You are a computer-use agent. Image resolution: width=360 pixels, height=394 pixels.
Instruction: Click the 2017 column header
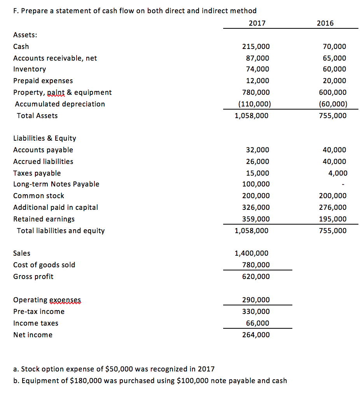pyautogui.click(x=257, y=23)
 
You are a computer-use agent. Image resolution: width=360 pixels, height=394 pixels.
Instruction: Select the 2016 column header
pyautogui.click(x=325, y=23)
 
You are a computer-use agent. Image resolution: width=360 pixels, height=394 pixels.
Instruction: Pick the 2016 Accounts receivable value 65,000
pyautogui.click(x=334, y=58)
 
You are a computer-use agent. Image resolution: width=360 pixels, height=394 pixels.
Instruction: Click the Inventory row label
pyautogui.click(x=30, y=69)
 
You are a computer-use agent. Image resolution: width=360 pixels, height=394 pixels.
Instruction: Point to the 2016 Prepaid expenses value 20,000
pyautogui.click(x=334, y=81)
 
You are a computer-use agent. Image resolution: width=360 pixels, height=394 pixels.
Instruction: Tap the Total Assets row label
pyautogui.click(x=37, y=116)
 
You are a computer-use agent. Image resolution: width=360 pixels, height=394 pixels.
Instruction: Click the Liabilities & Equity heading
pyautogui.click(x=45, y=138)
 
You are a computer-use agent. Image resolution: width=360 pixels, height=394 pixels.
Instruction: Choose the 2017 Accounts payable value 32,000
pyautogui.click(x=257, y=150)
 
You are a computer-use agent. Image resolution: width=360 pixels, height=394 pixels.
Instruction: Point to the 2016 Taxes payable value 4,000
pyautogui.click(x=337, y=173)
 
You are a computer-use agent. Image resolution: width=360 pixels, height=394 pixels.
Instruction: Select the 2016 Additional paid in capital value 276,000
pyautogui.click(x=332, y=207)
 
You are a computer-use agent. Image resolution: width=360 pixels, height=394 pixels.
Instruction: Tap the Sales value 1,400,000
pyautogui.click(x=252, y=253)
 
